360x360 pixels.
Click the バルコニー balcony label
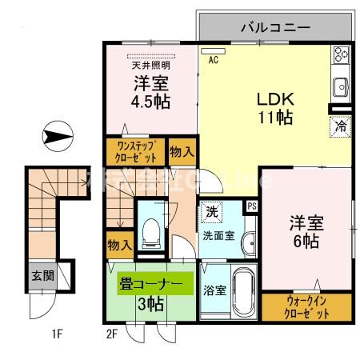pos(275,27)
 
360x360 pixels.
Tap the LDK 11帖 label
pos(274,109)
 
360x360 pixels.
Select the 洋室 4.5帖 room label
pos(149,92)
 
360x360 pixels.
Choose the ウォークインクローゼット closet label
pos(307,307)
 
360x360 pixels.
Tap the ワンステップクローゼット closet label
pos(134,151)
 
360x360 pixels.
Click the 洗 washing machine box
pos(211,212)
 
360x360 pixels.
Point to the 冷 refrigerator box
pos(340,125)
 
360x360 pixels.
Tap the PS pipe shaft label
pos(251,206)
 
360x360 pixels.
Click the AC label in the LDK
pos(214,59)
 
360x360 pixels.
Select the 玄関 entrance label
pos(43,276)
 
